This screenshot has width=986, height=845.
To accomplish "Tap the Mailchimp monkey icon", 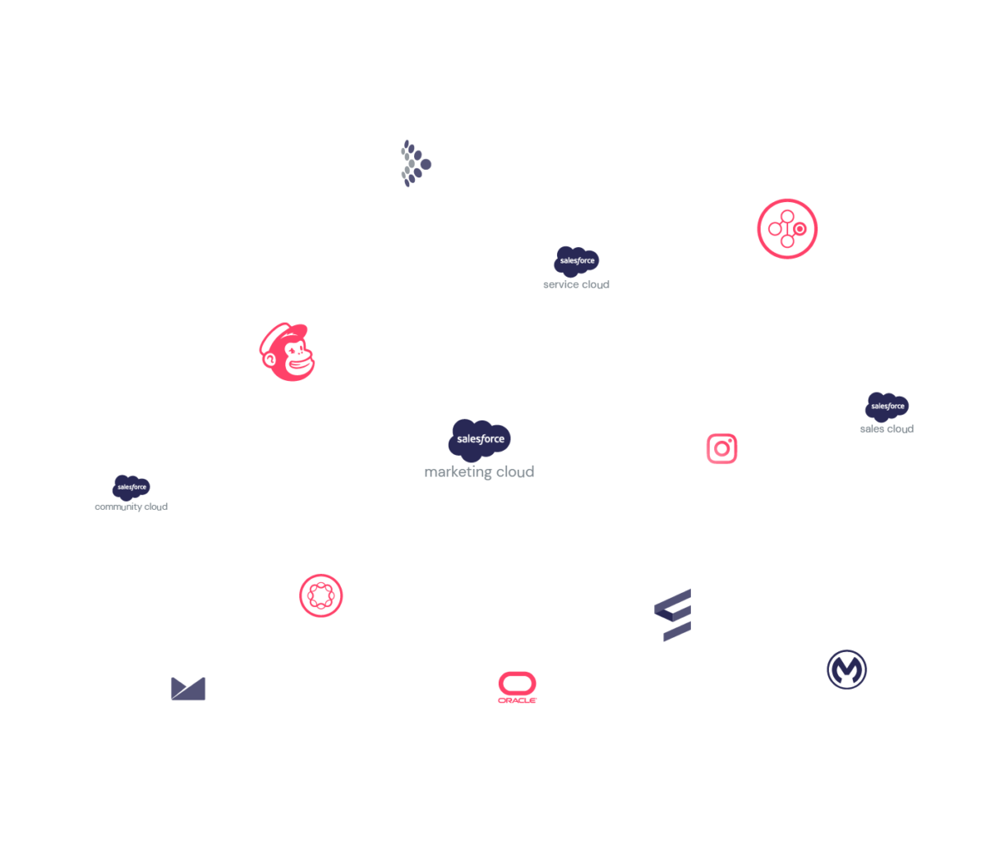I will [x=288, y=352].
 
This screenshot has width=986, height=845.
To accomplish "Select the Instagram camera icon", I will [x=721, y=448].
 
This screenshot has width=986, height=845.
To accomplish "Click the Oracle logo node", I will [x=518, y=687].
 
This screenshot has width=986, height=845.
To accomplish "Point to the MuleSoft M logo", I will [x=846, y=670].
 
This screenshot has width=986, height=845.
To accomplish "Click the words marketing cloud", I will [x=479, y=472].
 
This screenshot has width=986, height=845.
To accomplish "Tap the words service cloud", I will [x=576, y=285].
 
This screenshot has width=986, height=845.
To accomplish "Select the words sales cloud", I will [x=887, y=429].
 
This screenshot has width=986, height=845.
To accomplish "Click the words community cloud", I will [x=131, y=507].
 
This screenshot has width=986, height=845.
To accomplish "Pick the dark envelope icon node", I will [x=188, y=688].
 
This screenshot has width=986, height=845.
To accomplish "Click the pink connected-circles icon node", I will [x=786, y=228].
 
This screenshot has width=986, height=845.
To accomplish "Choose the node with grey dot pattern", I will [x=414, y=163].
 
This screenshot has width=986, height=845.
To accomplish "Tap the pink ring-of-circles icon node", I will [x=320, y=595].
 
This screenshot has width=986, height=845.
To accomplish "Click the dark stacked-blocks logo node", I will [x=674, y=614].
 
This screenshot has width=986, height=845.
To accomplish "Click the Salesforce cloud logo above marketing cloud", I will [x=479, y=438].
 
